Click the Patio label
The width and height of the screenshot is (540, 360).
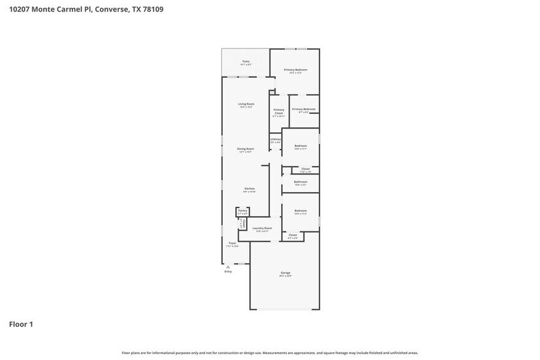[x=246, y=61]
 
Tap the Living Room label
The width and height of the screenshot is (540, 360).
[x=246, y=104]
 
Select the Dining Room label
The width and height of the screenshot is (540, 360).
[x=246, y=149]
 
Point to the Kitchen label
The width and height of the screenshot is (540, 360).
[x=249, y=189]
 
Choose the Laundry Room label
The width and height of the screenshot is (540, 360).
[x=262, y=228]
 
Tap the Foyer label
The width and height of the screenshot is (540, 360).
[x=233, y=244]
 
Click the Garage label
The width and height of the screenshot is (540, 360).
[x=285, y=272]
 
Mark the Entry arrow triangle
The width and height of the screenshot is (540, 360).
[x=228, y=266]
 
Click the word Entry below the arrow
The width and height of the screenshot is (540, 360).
[x=228, y=271]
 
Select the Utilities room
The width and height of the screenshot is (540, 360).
[x=276, y=140]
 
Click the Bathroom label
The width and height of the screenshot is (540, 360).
[x=301, y=182]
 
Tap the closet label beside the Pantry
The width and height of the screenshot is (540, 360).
[x=242, y=223]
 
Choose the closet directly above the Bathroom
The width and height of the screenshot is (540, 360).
[x=305, y=169]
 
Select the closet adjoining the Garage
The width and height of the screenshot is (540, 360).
[x=292, y=235]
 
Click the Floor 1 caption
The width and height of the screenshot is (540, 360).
[x=20, y=324]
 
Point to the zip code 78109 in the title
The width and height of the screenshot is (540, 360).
[x=151, y=9]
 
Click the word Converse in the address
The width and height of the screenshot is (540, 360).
[x=112, y=9]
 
